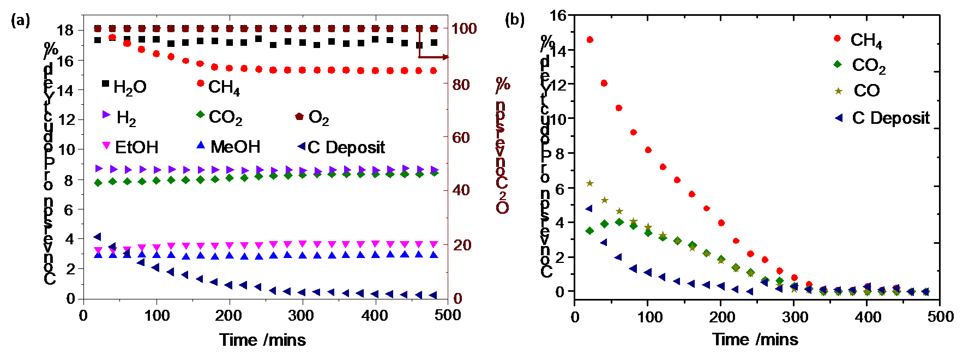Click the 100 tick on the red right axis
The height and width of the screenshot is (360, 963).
click(x=464, y=28)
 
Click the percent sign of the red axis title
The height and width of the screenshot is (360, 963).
click(x=503, y=85)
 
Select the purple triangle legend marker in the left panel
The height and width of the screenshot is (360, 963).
click(x=106, y=115)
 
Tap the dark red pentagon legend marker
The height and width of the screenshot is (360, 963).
click(x=299, y=117)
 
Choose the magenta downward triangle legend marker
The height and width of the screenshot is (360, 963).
click(x=106, y=146)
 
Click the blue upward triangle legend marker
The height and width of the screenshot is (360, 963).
click(x=201, y=145)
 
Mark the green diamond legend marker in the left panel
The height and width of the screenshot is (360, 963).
click(x=201, y=115)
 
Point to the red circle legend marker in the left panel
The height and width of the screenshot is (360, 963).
click(x=201, y=83)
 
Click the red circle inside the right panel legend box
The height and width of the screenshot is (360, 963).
click(x=838, y=39)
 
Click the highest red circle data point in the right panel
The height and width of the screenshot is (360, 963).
click(x=589, y=40)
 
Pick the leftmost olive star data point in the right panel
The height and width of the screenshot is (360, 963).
click(x=589, y=183)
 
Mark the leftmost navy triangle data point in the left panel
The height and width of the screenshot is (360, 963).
click(x=98, y=237)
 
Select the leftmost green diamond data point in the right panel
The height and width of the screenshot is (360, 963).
click(x=589, y=231)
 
